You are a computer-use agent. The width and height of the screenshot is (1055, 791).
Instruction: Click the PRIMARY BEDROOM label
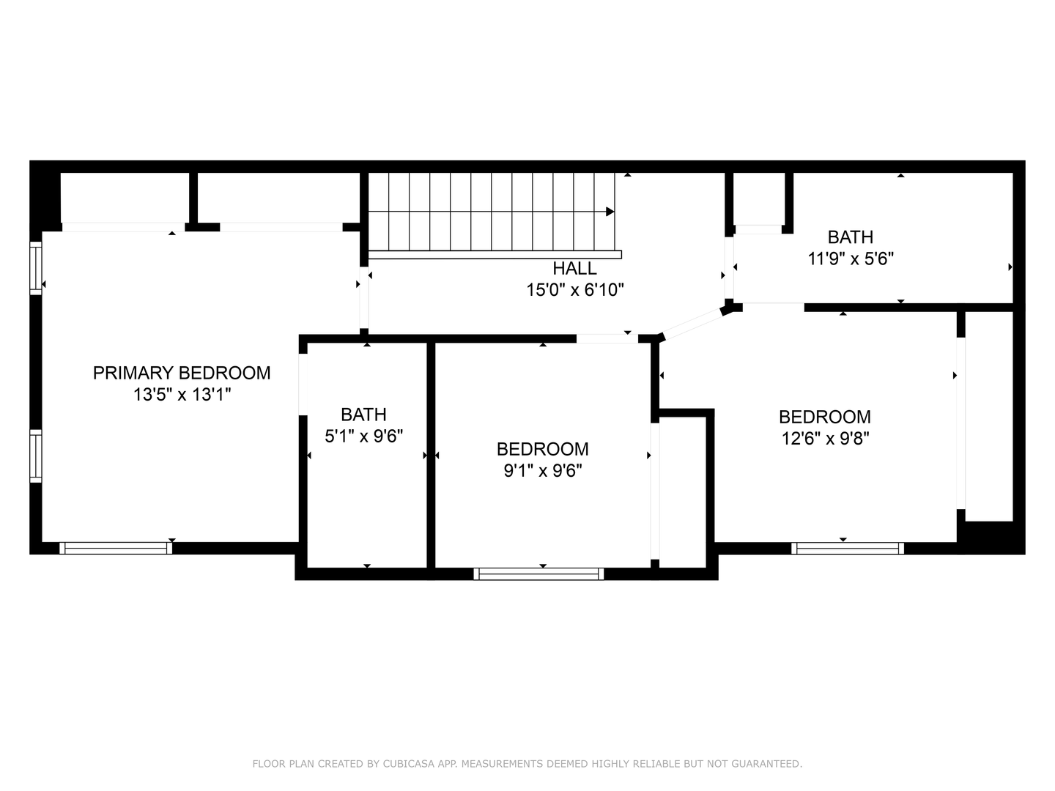pyautogui.click(x=182, y=373)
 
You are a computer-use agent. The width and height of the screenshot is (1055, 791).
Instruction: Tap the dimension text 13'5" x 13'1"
pyautogui.click(x=182, y=395)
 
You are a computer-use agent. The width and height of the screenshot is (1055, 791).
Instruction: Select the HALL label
pyautogui.click(x=574, y=268)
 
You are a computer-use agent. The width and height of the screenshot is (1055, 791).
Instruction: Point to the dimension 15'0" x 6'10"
pyautogui.click(x=574, y=290)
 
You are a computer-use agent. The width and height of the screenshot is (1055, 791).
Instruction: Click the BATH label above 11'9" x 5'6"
pyautogui.click(x=850, y=237)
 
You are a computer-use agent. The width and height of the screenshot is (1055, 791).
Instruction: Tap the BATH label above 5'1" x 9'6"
pyautogui.click(x=363, y=415)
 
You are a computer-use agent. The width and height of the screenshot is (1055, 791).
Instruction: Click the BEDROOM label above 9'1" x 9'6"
pyautogui.click(x=542, y=449)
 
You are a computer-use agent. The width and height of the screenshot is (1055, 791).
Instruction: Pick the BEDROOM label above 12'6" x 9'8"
pyautogui.click(x=824, y=417)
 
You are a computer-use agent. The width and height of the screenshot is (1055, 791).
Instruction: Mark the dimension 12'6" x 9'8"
pyautogui.click(x=824, y=439)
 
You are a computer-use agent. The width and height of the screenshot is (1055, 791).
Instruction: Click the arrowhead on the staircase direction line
pyautogui.click(x=610, y=212)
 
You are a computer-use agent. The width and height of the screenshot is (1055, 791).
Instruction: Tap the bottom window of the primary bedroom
pyautogui.click(x=116, y=548)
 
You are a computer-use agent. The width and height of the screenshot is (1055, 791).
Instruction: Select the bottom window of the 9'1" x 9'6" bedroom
pyautogui.click(x=538, y=574)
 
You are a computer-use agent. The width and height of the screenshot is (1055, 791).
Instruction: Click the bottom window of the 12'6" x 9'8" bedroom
pyautogui.click(x=848, y=548)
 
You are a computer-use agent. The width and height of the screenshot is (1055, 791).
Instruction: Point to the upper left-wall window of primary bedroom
pyautogui.click(x=35, y=268)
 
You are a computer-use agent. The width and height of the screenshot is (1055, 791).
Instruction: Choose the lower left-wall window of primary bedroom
pyautogui.click(x=35, y=456)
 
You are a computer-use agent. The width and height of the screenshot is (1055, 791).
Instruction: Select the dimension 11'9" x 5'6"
pyautogui.click(x=850, y=259)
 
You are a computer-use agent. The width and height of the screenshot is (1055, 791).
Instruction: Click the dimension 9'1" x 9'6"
pyautogui.click(x=542, y=471)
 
